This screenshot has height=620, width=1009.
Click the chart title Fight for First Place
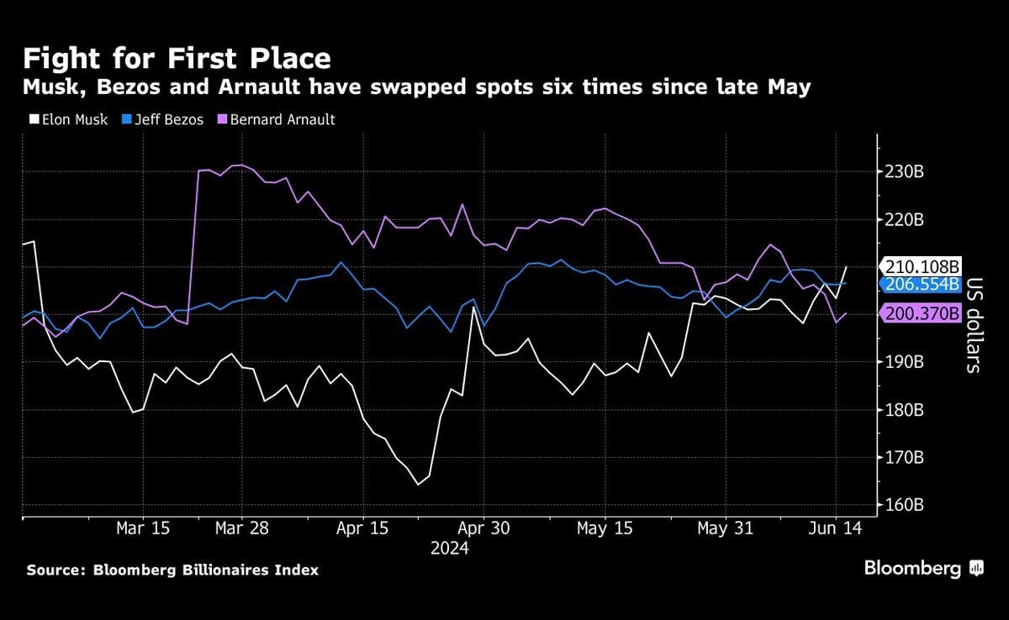pyautogui.click(x=177, y=59)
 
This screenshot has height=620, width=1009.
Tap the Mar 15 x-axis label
pyautogui.click(x=143, y=528)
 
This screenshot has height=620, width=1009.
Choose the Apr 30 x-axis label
pyautogui.click(x=483, y=528)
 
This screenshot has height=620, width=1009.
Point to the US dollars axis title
pyautogui.click(x=974, y=325)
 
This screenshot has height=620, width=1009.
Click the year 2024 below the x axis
pyautogui.click(x=450, y=549)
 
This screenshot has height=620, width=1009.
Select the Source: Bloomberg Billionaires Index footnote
pyautogui.click(x=172, y=570)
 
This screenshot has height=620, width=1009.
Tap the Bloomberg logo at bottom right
pyautogui.click(x=923, y=569)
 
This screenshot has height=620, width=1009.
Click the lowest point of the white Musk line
pyautogui.click(x=418, y=485)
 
